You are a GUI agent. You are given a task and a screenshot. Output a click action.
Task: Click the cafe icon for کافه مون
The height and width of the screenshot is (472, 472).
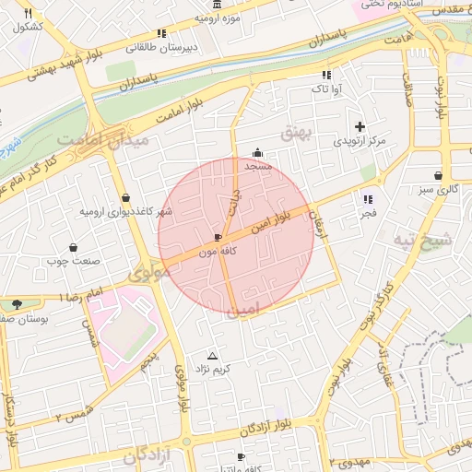tap(218, 237)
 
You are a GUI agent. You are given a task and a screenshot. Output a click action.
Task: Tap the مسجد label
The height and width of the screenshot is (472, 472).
tap(258, 166)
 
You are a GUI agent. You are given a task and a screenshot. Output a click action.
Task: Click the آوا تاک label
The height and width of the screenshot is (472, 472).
tap(326, 89)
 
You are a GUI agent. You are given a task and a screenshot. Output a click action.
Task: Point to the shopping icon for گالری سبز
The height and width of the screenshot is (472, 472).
tap(437, 175)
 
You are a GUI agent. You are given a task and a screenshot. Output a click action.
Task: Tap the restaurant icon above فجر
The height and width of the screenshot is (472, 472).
tap(368, 199)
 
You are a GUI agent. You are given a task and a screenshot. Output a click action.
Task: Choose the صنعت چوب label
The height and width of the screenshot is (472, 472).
tap(73, 261)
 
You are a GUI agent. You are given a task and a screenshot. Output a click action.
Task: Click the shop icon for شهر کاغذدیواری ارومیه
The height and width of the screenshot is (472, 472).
tap(125, 198)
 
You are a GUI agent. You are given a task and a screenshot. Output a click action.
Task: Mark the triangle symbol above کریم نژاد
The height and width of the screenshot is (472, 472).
tap(214, 356)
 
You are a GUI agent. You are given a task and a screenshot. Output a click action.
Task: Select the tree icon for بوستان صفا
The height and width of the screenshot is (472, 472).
tap(17, 304)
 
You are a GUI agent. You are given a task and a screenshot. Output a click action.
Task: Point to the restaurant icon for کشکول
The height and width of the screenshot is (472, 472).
tap(28, 14)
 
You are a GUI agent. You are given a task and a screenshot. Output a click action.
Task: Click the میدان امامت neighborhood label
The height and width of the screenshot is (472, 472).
tap(90, 140)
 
